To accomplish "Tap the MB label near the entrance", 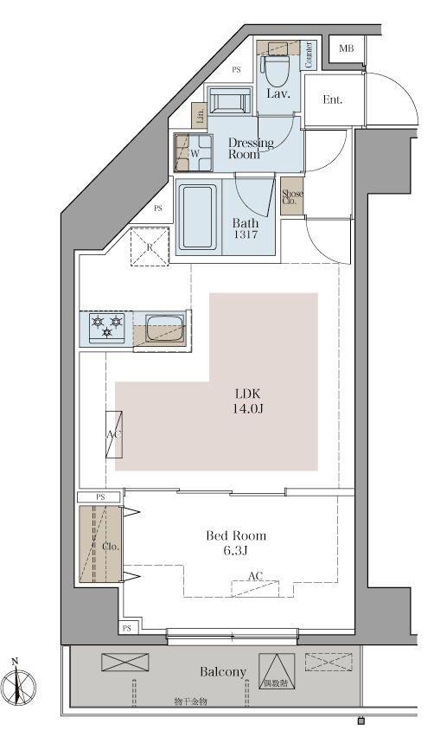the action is tap(347, 48).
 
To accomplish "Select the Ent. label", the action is tap(333, 99).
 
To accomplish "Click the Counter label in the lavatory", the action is tap(309, 55).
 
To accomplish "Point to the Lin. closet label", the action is tap(200, 116).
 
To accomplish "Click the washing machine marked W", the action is tap(194, 152).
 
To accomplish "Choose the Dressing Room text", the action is tap(251, 148).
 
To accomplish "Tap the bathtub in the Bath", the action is tap(198, 216).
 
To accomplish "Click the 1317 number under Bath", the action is tap(246, 234).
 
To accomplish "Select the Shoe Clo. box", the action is tap(292, 196).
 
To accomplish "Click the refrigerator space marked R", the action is tap(150, 247).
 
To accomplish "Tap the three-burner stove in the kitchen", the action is tap(107, 328).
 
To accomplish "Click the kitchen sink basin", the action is tap(165, 329).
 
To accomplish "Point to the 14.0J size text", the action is tap(247, 408).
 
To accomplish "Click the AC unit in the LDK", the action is tap(114, 434).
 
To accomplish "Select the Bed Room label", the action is tap(236, 536).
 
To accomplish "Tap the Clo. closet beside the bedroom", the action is tap(100, 544).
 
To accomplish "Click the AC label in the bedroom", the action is tap(255, 576).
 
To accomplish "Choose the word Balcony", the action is tap(223, 672).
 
